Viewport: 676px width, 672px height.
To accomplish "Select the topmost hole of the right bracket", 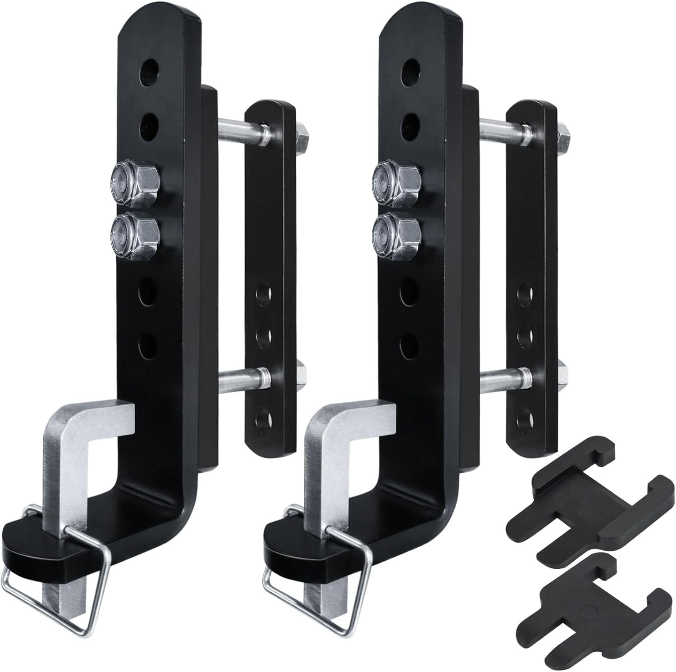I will pyautogui.click(x=411, y=72).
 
